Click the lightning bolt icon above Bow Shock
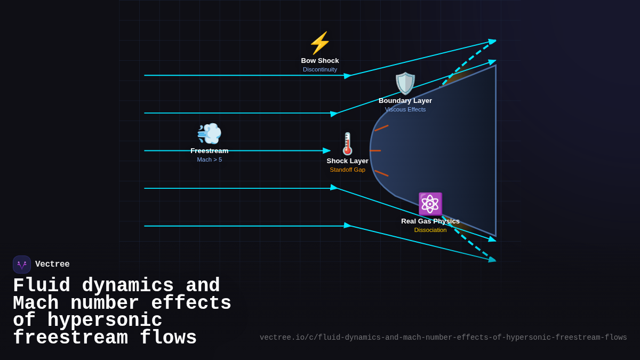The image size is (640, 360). (320, 43)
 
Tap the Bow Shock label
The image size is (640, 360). (320, 61)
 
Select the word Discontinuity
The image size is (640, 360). (320, 69)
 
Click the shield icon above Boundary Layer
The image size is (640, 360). (405, 83)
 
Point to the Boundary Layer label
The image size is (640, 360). (405, 101)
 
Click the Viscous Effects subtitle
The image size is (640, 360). (405, 109)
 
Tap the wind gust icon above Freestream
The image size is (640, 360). (209, 133)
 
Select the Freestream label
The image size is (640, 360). (210, 151)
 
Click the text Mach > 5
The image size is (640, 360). (210, 159)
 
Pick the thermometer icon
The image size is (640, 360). (348, 143)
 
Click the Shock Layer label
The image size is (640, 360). (348, 161)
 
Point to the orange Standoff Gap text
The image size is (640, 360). (348, 170)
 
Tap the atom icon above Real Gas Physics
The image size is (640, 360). (430, 204)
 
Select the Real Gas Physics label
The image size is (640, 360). (430, 221)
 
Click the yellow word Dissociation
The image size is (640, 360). (430, 230)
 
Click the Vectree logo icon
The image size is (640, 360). (22, 265)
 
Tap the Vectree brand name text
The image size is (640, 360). (52, 265)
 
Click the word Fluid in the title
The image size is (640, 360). (42, 286)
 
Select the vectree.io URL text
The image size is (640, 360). (443, 338)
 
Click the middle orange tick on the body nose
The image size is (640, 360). (375, 150)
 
